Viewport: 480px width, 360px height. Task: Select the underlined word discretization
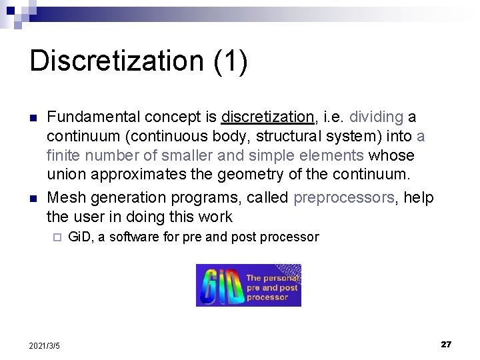click(x=268, y=118)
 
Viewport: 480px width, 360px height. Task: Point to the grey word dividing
click(x=377, y=118)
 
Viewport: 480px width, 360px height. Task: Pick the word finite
click(x=62, y=155)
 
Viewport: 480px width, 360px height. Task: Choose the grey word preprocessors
click(x=345, y=198)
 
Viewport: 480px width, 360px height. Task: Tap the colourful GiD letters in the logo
click(x=220, y=286)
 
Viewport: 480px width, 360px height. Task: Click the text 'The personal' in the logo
click(x=272, y=278)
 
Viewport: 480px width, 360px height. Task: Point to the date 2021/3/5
click(x=45, y=345)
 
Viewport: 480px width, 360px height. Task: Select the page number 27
click(x=446, y=344)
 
